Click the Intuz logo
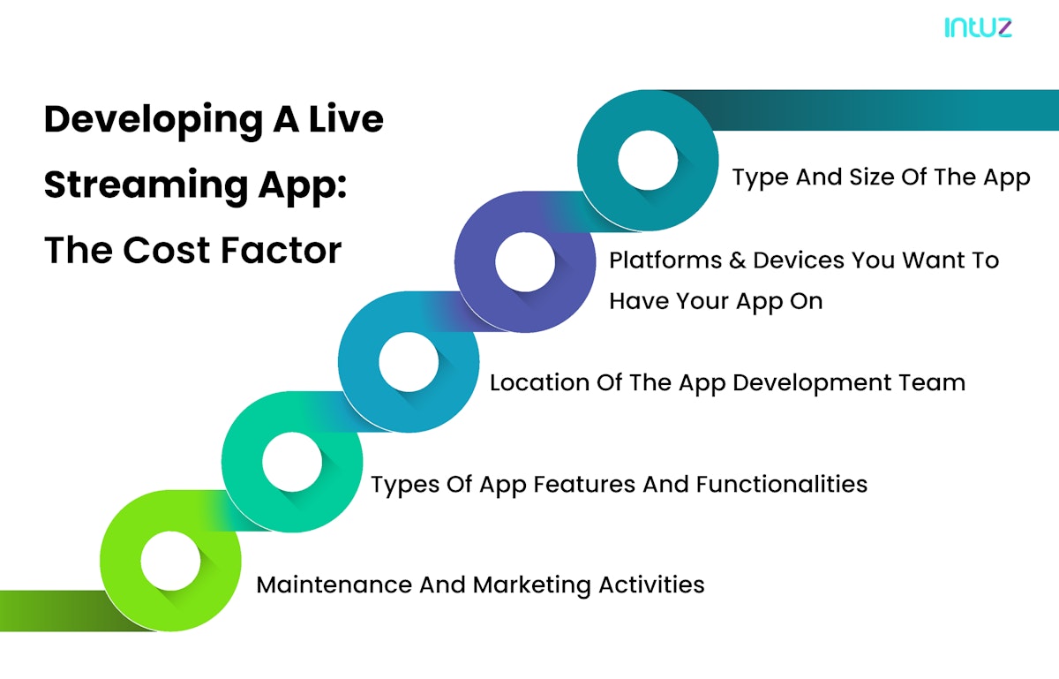pyautogui.click(x=978, y=27)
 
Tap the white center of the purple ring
pyautogui.click(x=525, y=262)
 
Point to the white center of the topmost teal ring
pyautogui.click(x=648, y=162)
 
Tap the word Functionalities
pyautogui.click(x=781, y=484)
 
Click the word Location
pyautogui.click(x=537, y=382)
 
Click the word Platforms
pyautogui.click(x=664, y=260)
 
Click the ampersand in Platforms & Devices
pyautogui.click(x=735, y=260)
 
